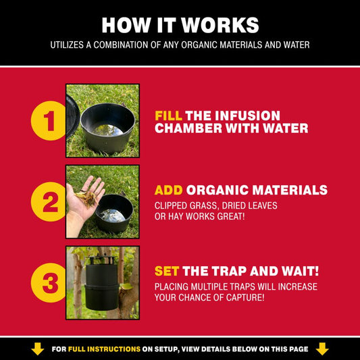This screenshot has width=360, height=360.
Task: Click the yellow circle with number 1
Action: (x=49, y=121)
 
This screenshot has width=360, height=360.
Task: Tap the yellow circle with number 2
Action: (x=49, y=201)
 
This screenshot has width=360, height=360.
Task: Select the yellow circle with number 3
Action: (x=49, y=282)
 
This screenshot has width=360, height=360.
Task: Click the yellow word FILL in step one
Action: (x=169, y=115)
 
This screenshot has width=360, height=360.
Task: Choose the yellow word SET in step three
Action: (x=167, y=271)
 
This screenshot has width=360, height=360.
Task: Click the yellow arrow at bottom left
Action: (x=38, y=349)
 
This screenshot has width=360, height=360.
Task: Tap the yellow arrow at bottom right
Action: (x=322, y=349)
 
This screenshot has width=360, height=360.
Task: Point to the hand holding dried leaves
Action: (x=85, y=199)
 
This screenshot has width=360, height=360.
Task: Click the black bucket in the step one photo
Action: (x=107, y=128)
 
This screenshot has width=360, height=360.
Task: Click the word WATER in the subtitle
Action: (x=294, y=45)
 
